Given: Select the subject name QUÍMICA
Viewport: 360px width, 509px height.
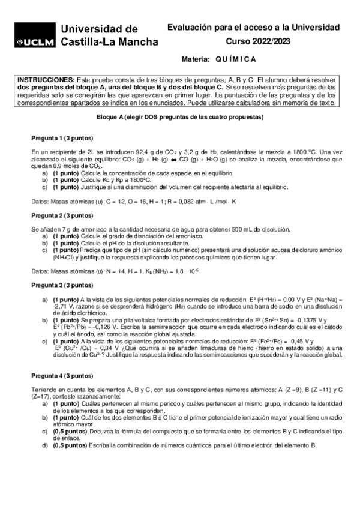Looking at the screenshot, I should point(235,59).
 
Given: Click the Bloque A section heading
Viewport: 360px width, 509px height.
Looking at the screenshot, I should point(180,118).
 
